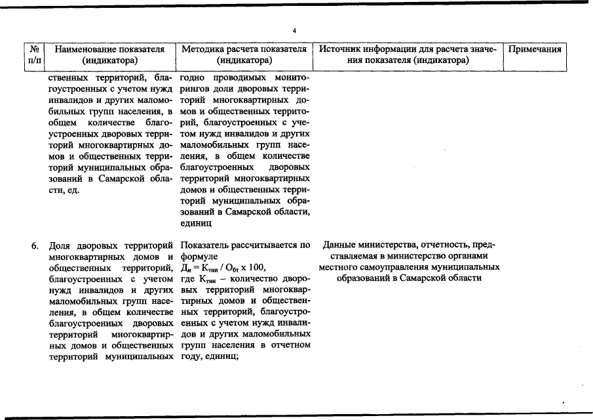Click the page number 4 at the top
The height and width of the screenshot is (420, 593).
pos(295,31)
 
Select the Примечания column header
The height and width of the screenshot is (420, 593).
pos(535,49)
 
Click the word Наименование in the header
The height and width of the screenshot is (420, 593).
pos(83,49)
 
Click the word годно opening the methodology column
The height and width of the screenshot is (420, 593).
pos(195,79)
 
